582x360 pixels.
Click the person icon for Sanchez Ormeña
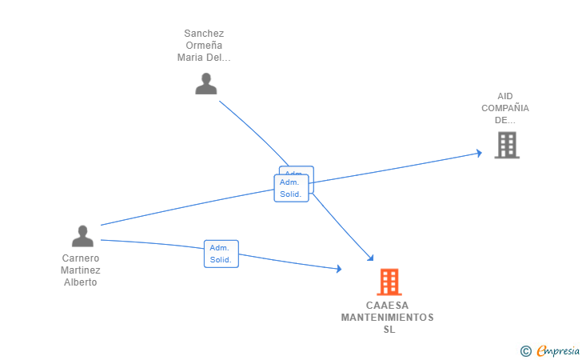[206, 84]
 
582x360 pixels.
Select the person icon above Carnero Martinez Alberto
[82, 236]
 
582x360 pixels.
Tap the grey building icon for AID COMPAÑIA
[506, 145]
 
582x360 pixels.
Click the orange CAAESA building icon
[389, 282]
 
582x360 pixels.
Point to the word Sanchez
[204, 34]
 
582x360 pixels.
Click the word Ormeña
[204, 46]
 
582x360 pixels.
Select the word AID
[505, 96]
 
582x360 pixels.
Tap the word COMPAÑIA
[505, 108]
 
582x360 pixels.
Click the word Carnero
[81, 258]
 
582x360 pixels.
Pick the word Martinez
[81, 270]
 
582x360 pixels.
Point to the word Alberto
[81, 282]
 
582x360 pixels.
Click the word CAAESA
[388, 306]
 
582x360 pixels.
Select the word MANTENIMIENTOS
[388, 318]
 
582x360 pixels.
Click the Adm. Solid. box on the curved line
[221, 254]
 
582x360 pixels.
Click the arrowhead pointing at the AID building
[478, 153]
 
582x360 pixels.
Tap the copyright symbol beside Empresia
[526, 350]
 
